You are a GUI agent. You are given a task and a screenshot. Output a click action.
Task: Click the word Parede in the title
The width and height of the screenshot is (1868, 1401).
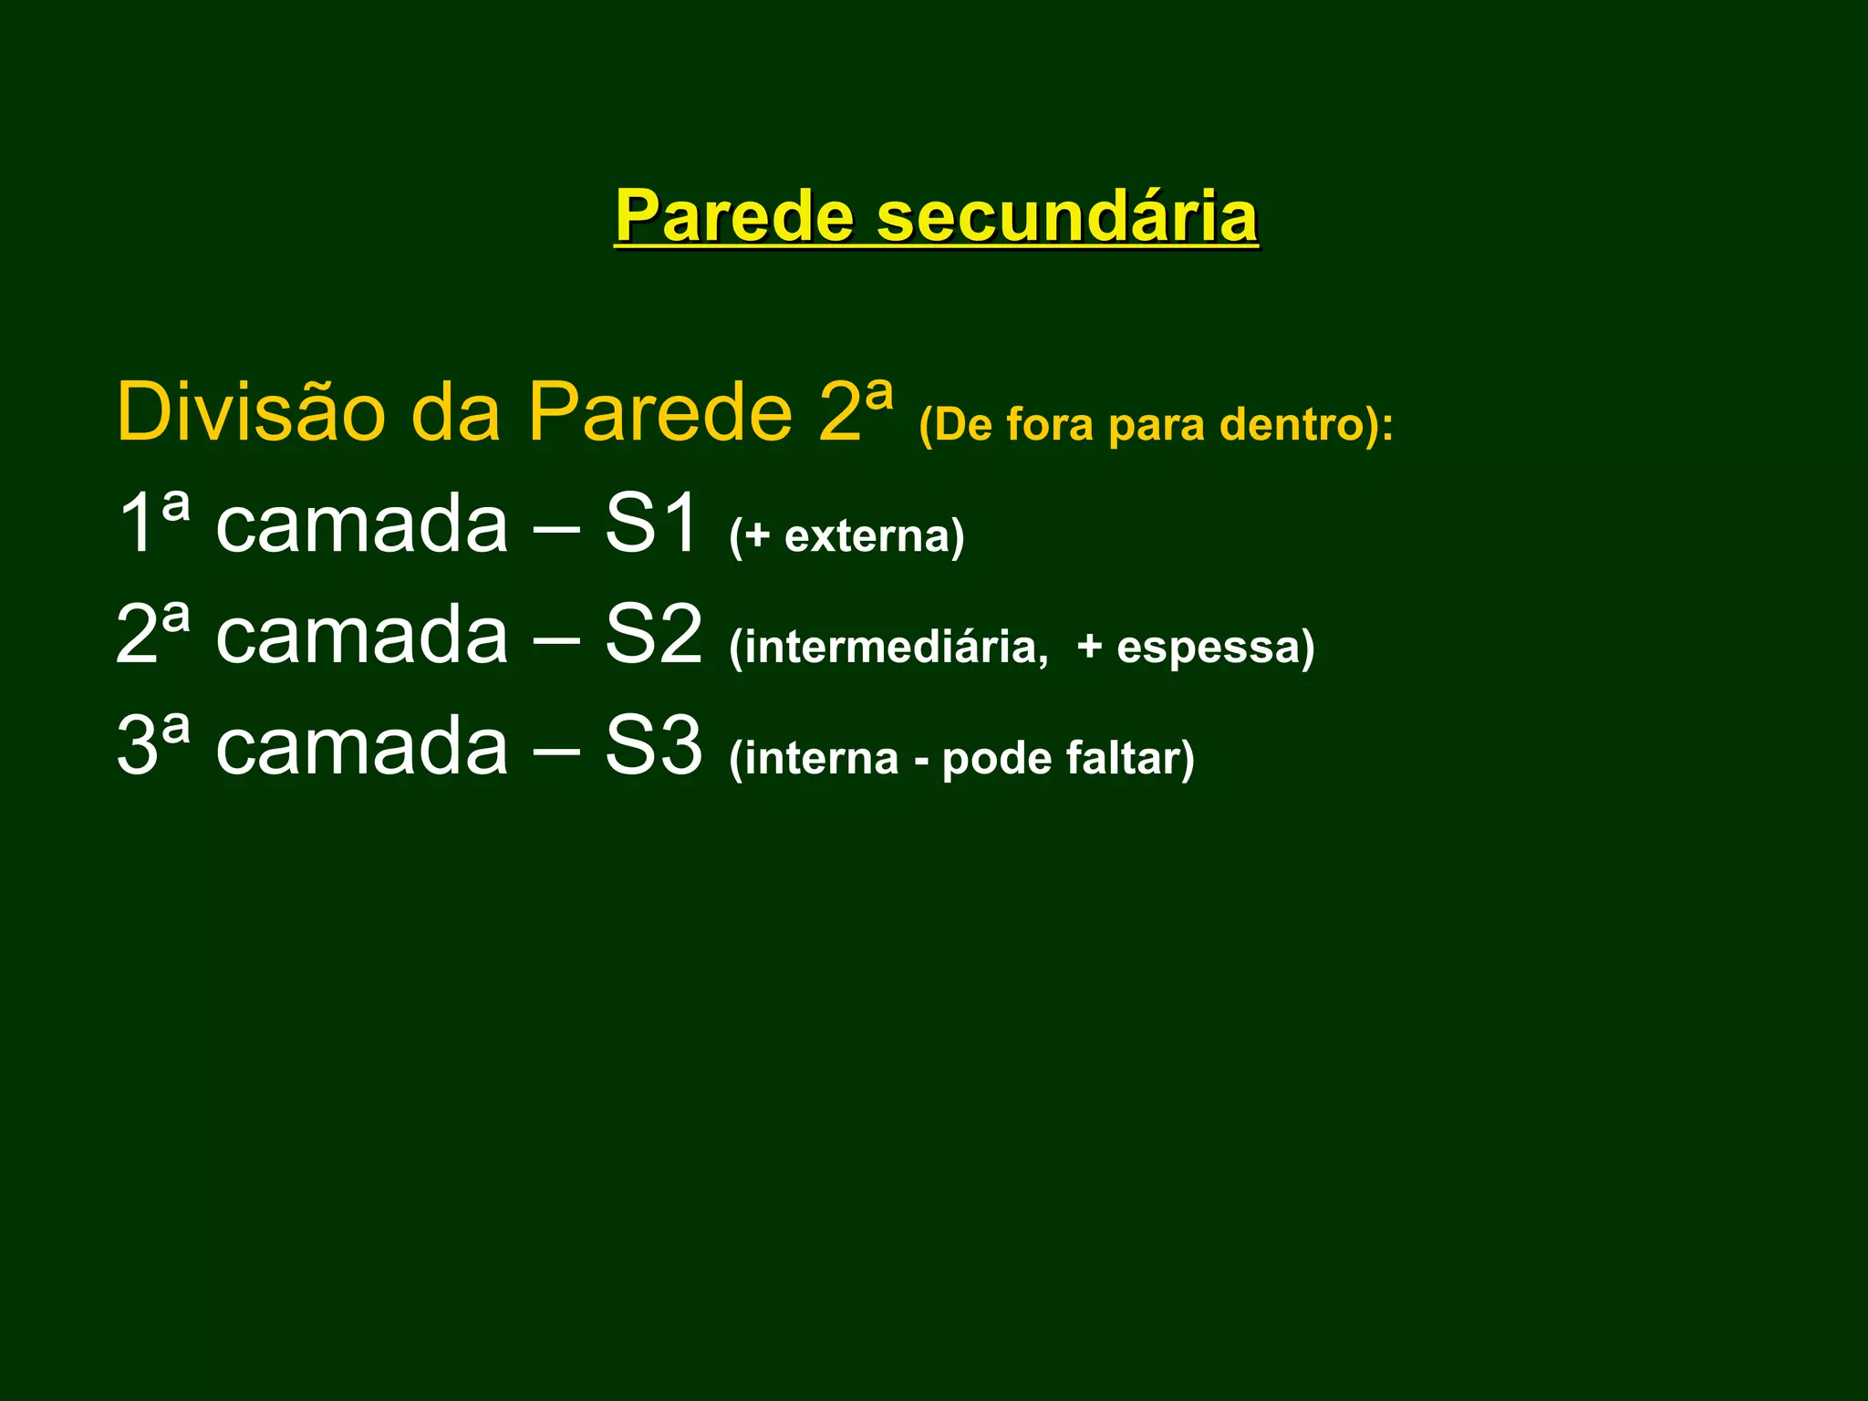tap(734, 216)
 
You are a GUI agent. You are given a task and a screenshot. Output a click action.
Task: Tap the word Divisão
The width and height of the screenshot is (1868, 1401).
tap(251, 412)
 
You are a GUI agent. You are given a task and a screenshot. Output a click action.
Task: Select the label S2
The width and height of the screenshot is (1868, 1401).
tap(653, 634)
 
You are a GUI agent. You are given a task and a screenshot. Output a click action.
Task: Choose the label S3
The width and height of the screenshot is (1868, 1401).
tap(653, 745)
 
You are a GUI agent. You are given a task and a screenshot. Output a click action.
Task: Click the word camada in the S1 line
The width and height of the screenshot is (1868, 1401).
tap(361, 524)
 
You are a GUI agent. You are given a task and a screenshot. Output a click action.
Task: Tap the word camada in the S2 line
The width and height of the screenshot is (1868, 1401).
tap(361, 636)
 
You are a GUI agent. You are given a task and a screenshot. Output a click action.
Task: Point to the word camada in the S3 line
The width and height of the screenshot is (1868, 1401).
tap(361, 747)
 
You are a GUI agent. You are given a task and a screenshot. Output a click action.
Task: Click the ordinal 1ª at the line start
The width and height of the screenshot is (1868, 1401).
tap(153, 523)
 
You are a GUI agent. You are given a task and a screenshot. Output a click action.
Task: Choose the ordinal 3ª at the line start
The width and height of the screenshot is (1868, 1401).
tap(153, 745)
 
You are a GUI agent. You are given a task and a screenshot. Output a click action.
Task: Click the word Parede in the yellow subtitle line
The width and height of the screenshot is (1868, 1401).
tap(659, 412)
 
